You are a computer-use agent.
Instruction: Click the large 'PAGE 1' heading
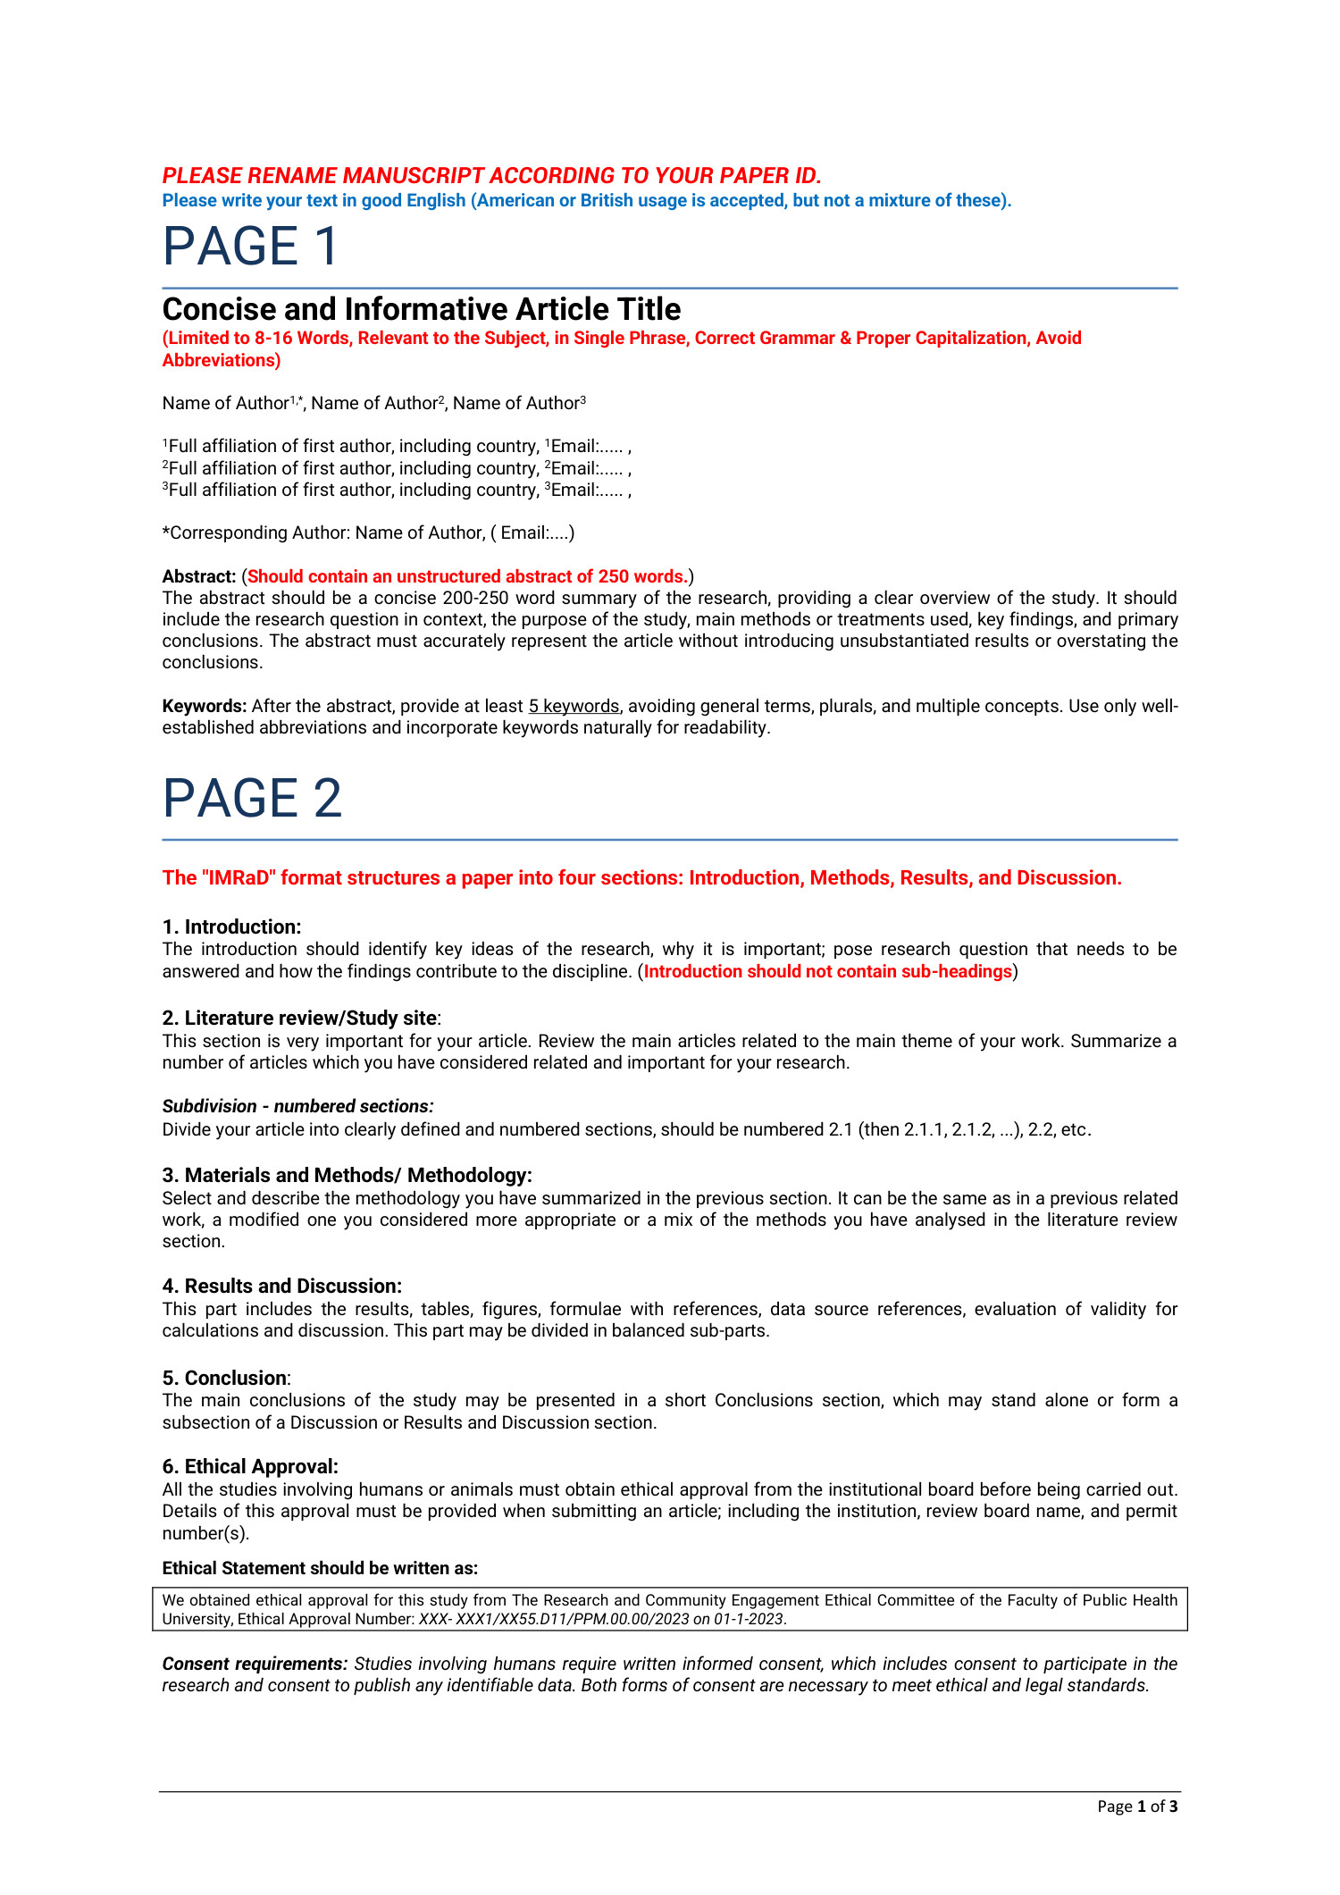pos(250,246)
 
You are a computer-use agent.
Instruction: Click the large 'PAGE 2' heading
pos(252,798)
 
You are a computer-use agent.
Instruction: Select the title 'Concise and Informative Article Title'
pos(421,309)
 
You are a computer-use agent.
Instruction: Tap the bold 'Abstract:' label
pos(198,576)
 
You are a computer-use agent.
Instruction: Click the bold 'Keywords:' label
pos(204,706)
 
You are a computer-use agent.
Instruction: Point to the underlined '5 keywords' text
pos(574,706)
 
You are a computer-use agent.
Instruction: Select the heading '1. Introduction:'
pos(231,927)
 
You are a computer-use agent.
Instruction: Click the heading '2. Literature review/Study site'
pos(299,1018)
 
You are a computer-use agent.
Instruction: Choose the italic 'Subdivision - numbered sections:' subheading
pos(297,1106)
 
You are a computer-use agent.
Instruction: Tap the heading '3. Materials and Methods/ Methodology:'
pos(347,1175)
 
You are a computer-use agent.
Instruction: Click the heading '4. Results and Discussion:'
pos(281,1286)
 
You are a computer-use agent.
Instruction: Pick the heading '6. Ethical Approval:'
pos(250,1466)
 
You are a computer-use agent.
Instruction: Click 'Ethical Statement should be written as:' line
pos(320,1568)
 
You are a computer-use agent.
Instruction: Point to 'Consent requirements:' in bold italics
pos(255,1664)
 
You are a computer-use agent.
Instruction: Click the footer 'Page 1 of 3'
pos(1137,1807)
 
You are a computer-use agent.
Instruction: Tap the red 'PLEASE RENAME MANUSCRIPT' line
pos(491,175)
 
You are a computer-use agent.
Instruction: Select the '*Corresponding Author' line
pos(368,532)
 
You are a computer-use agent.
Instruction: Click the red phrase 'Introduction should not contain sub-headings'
pos(827,971)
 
